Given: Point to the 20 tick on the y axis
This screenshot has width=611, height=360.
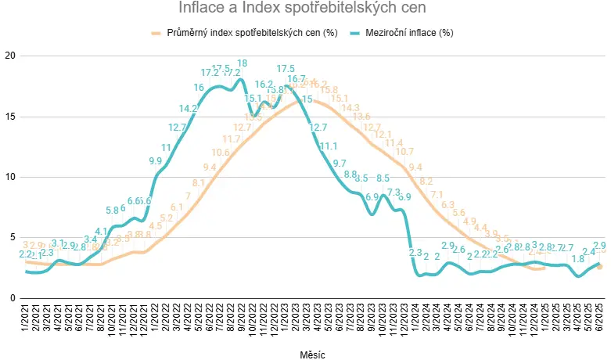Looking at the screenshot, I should (10, 56).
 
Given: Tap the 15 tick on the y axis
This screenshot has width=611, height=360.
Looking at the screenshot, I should (10, 117).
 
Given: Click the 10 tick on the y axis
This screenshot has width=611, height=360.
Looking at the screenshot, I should (10, 177).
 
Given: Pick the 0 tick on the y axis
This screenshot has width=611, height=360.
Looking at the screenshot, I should (13, 298).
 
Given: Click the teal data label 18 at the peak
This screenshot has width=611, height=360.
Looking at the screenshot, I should (242, 63).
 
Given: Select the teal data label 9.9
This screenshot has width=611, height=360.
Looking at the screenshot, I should (155, 161).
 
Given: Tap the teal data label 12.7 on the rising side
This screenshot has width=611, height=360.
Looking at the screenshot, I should (177, 128).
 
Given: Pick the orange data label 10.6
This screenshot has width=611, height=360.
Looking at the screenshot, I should (221, 153).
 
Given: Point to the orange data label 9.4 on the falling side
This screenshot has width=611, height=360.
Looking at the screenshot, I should (415, 167).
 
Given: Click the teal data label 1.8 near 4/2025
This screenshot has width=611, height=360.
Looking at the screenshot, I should (578, 259).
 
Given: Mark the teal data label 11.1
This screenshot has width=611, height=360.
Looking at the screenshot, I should (329, 146).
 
